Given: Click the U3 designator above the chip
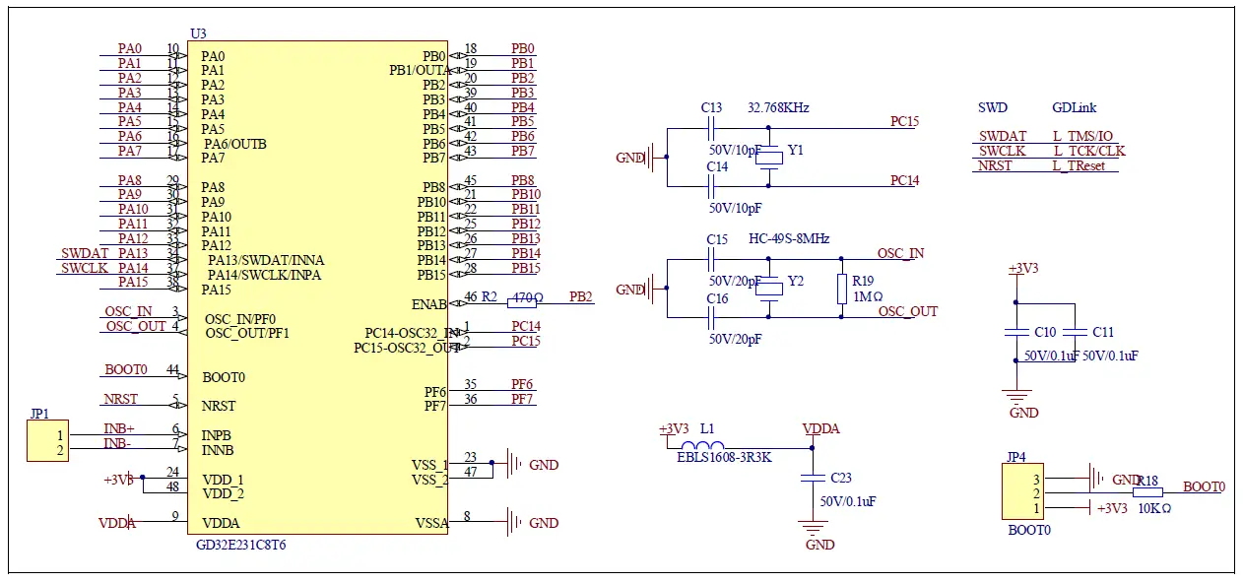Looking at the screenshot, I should tap(198, 33).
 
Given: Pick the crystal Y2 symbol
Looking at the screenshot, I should tap(769, 289).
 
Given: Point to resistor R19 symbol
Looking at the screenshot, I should tap(841, 289).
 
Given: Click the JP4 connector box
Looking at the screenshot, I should tap(1022, 493).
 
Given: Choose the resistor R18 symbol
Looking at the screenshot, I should tap(1147, 492).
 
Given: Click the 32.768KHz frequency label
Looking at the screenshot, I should tap(778, 107).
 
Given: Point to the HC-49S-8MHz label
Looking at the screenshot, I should tap(789, 239).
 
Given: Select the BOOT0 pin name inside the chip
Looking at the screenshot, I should tap(224, 377).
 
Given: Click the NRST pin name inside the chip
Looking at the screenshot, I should tap(219, 406).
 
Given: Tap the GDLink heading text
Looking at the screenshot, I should tap(1074, 107).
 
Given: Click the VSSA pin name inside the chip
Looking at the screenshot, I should tap(429, 524).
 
